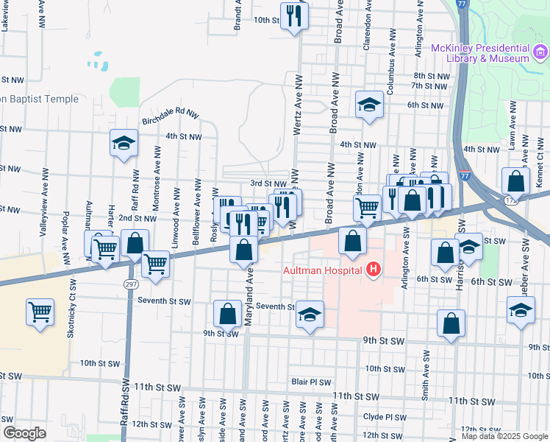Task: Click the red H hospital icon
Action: click(374, 270)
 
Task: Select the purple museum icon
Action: click(540, 52)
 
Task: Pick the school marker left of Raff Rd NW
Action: click(124, 143)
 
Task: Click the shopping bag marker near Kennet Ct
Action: click(516, 180)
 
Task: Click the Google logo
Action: click(24, 433)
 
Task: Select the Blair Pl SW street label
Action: click(311, 382)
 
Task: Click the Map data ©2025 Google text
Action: click(504, 436)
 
